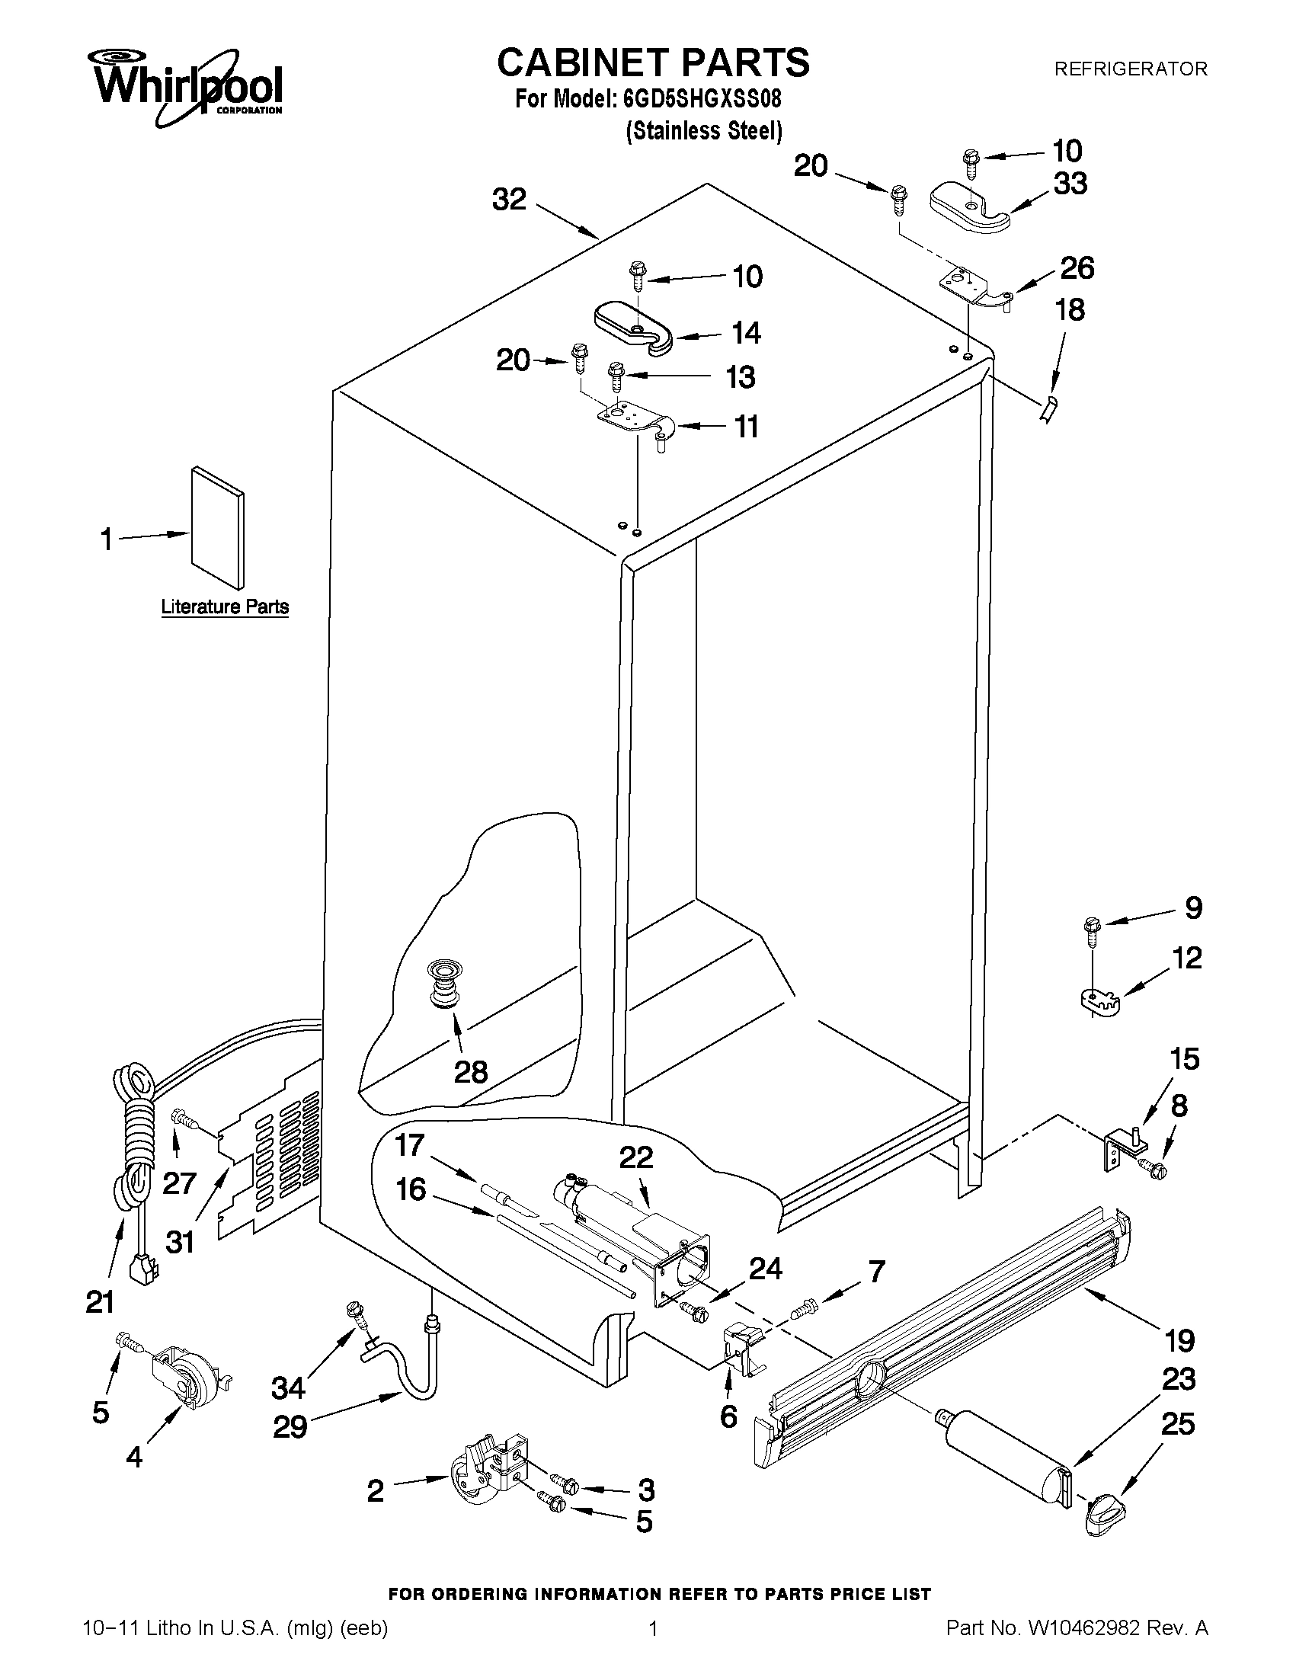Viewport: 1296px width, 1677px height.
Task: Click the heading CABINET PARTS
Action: tap(653, 63)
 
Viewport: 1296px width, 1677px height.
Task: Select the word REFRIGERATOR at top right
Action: tap(1130, 69)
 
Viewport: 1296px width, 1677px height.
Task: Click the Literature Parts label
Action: tap(224, 606)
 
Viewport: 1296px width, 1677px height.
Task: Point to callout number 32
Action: tap(509, 200)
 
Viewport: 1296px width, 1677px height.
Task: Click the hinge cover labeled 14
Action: tap(633, 327)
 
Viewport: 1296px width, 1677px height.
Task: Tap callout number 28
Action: tap(470, 1072)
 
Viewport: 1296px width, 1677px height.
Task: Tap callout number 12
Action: tap(1186, 959)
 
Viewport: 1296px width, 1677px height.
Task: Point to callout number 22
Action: tap(635, 1157)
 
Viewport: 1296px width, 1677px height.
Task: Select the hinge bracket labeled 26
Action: tap(969, 286)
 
